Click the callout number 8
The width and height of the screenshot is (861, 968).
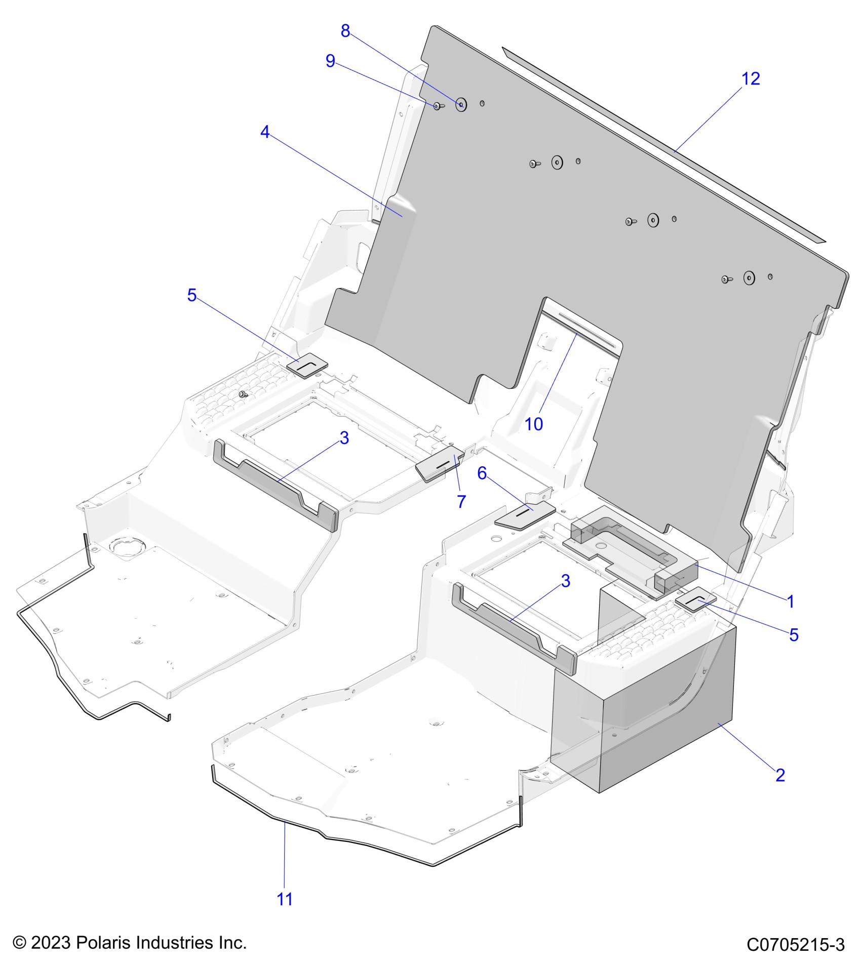pyautogui.click(x=345, y=31)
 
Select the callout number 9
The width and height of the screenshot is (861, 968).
pyautogui.click(x=330, y=61)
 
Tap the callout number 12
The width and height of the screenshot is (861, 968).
pyautogui.click(x=751, y=79)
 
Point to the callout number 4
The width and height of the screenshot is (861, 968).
pyautogui.click(x=265, y=132)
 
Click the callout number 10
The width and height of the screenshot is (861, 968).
pyautogui.click(x=534, y=424)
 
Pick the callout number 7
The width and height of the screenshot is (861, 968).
pyautogui.click(x=461, y=501)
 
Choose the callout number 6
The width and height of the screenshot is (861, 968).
pyautogui.click(x=482, y=473)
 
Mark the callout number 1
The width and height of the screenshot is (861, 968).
pyautogui.click(x=791, y=601)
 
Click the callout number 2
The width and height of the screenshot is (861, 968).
pyautogui.click(x=780, y=775)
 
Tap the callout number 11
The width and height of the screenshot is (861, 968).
pyautogui.click(x=285, y=899)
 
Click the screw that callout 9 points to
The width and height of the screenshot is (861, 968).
pyautogui.click(x=438, y=106)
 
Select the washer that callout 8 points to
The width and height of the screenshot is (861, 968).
pyautogui.click(x=461, y=105)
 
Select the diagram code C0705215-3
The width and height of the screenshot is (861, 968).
pyautogui.click(x=795, y=945)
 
